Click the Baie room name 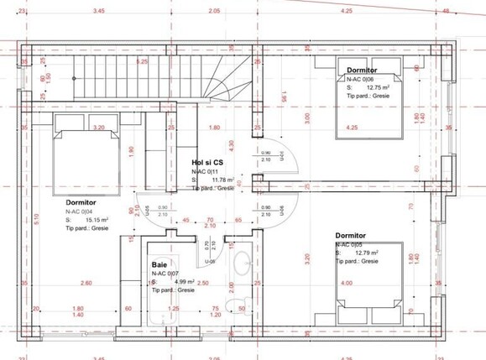[x=160, y=264]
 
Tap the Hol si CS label [x=206, y=162]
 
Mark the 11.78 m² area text [x=222, y=180]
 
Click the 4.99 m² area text [x=185, y=282]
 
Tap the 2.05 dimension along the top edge [x=214, y=11]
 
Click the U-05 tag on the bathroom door [x=213, y=262]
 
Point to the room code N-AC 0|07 [x=164, y=274]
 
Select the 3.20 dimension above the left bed [x=98, y=128]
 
